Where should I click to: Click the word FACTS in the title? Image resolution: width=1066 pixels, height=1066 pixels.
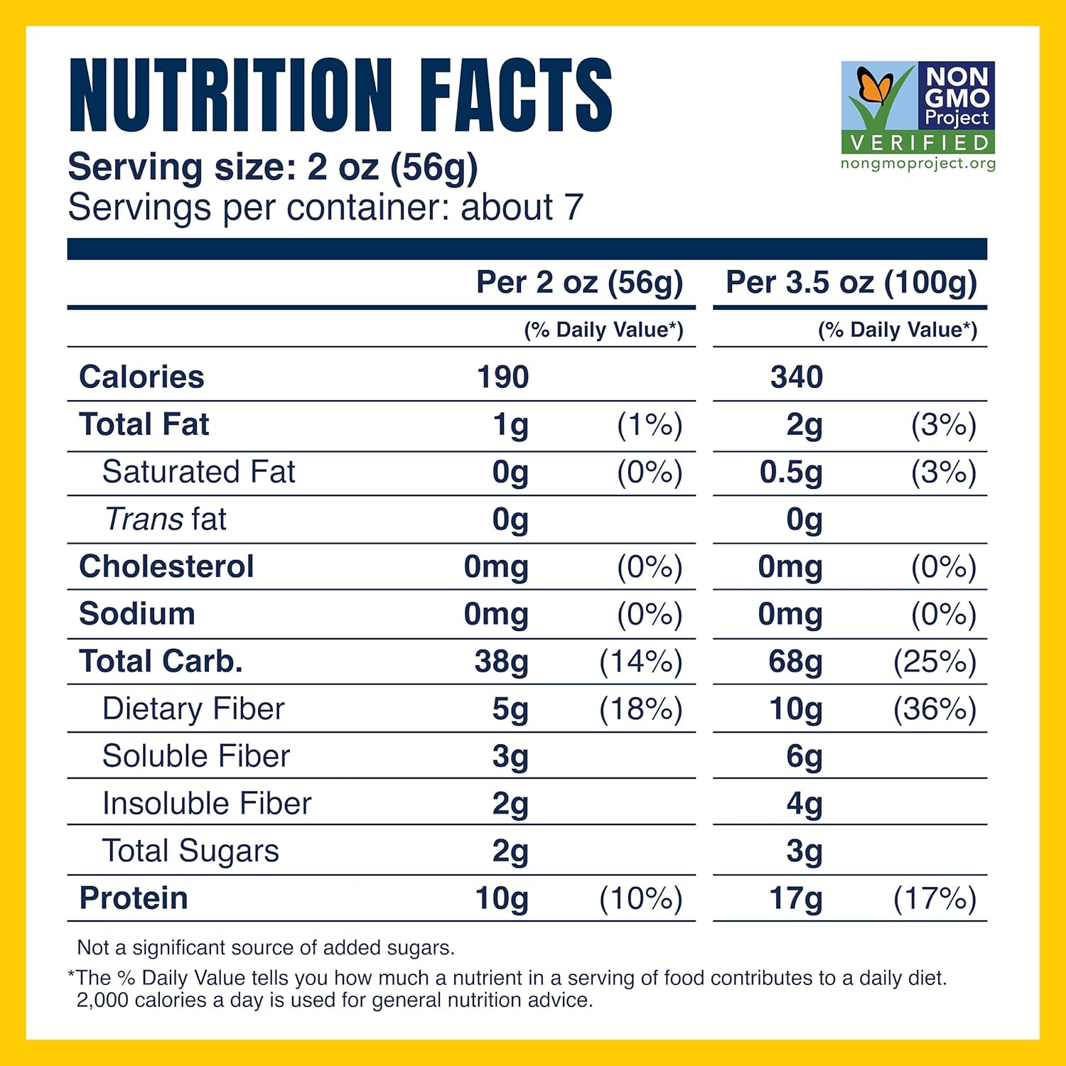click(x=515, y=96)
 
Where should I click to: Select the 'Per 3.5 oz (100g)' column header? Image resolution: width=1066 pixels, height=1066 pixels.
click(x=851, y=283)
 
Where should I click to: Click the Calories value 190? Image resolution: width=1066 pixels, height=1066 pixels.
click(x=502, y=377)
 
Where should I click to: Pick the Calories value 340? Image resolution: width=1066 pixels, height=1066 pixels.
click(x=796, y=377)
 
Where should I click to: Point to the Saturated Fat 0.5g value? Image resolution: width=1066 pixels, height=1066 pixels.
click(x=790, y=473)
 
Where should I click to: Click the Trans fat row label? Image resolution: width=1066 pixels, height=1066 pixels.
click(x=166, y=519)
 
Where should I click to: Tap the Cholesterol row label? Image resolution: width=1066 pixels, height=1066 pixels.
click(x=166, y=567)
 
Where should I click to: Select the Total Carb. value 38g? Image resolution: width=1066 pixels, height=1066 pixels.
click(x=502, y=662)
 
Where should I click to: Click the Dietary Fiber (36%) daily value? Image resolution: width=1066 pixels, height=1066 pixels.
click(x=935, y=709)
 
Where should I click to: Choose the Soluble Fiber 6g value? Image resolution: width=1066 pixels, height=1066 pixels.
click(x=804, y=757)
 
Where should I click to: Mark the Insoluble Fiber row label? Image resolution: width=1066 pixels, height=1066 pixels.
click(x=207, y=804)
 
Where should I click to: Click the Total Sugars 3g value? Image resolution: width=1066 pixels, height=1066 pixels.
click(x=804, y=851)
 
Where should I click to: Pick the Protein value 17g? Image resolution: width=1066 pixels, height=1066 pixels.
click(x=796, y=899)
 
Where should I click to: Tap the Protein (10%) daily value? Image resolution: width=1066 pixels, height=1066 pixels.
click(x=640, y=899)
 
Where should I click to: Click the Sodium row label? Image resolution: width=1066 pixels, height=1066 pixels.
click(x=137, y=615)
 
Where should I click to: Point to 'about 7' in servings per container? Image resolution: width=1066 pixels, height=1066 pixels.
click(x=522, y=208)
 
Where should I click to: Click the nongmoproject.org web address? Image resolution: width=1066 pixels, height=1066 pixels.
click(x=918, y=164)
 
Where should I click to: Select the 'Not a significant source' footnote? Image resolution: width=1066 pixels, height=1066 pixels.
click(x=266, y=948)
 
